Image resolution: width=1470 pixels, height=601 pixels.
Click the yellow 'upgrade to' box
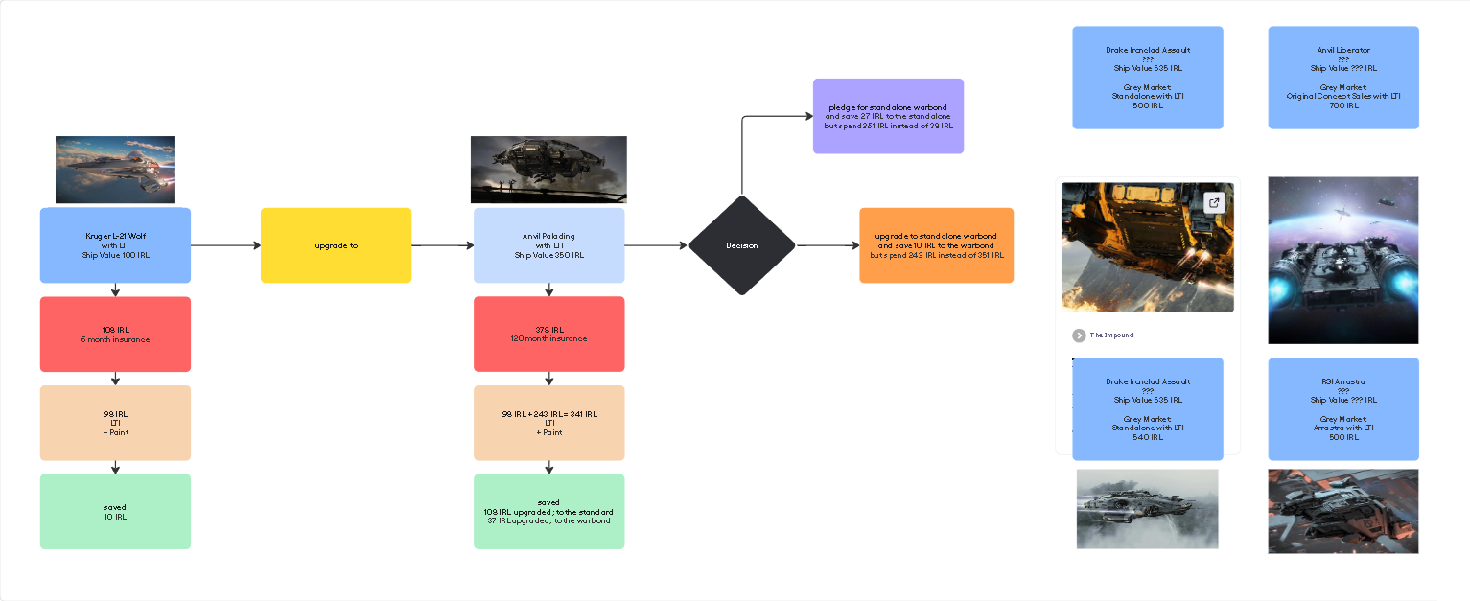(x=336, y=245)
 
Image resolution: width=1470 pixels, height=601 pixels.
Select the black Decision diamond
(x=741, y=245)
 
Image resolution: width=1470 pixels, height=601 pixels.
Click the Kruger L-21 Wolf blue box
(x=115, y=245)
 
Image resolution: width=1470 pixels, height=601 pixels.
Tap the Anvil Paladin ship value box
(x=548, y=245)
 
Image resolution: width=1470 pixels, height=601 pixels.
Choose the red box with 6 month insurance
(x=115, y=335)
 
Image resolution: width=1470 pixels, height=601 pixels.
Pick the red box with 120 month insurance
(x=548, y=334)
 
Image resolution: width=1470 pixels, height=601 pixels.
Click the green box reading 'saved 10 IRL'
(x=115, y=512)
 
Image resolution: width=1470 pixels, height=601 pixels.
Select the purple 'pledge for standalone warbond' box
(x=888, y=116)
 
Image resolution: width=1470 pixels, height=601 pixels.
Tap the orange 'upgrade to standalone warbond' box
(x=936, y=245)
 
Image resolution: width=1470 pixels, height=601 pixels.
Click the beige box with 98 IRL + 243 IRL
(x=548, y=423)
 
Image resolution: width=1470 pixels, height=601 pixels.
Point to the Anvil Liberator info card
(x=1342, y=78)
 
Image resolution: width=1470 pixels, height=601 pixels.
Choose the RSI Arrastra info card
(x=1342, y=409)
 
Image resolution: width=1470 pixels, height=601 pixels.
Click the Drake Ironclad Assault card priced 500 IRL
(x=1147, y=78)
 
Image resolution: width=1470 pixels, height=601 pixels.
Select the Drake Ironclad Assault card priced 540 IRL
(x=1147, y=409)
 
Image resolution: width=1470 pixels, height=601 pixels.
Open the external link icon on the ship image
(x=1214, y=203)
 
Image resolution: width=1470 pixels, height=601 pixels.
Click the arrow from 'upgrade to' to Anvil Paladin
(x=443, y=245)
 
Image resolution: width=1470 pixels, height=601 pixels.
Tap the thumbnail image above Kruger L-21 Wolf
(x=115, y=170)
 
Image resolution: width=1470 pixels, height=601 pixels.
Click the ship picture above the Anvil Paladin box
(x=548, y=170)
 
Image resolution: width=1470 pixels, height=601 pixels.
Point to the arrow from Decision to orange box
(x=828, y=245)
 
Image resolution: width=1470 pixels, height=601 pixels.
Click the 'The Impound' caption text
(x=1111, y=335)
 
